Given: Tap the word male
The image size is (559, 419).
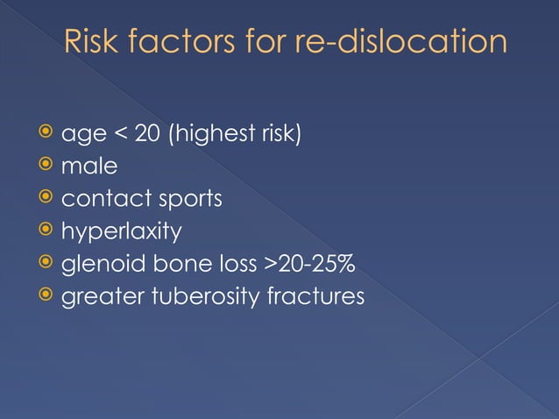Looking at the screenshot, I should click(88, 167).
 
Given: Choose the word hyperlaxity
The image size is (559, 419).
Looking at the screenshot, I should click(121, 232).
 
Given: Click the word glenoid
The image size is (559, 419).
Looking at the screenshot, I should click(99, 265).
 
